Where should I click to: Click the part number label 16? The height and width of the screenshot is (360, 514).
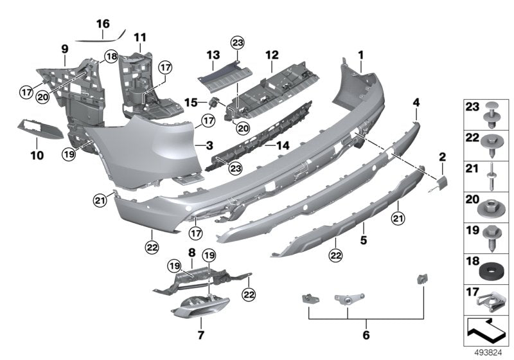coord(103,24)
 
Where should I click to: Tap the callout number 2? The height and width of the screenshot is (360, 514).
coord(442,156)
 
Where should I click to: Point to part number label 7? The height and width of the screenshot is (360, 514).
coord(200,335)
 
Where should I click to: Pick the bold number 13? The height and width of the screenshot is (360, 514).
coord(213,54)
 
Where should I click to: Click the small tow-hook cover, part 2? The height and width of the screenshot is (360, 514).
coord(443,183)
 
